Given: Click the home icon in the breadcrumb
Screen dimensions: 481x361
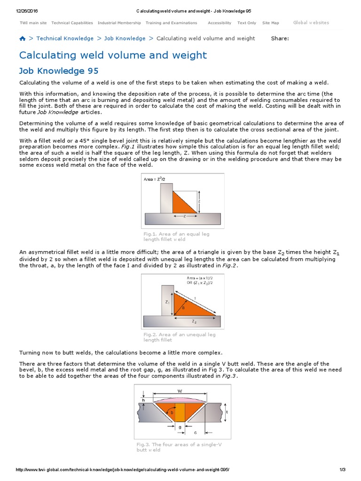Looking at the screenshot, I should pos(23,39).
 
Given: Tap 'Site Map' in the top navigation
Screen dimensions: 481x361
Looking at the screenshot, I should pos(270,23).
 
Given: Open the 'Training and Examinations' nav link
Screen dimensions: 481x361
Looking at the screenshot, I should pos(171,23).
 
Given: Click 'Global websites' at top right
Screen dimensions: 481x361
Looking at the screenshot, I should pos(311,23).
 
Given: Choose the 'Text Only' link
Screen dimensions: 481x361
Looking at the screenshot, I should pos(247,23).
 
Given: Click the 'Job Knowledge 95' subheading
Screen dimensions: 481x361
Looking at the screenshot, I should pos(59,71).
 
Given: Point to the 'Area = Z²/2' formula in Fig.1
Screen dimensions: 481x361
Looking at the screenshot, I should pos(155,179).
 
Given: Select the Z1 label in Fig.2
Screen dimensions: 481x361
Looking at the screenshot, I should pos(167,302).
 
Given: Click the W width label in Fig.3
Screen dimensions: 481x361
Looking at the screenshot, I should pos(180,390).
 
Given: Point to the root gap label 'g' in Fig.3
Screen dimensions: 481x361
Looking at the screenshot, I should pos(180,427).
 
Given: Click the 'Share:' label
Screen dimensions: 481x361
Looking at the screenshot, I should pos(280,39).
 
